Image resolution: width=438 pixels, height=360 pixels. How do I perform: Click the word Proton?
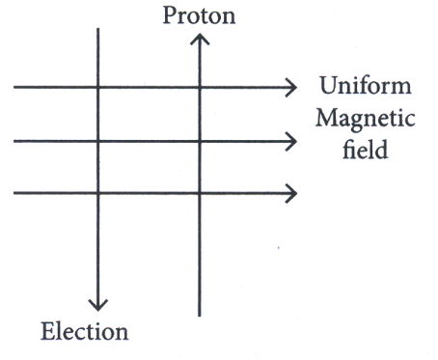pyautogui.click(x=199, y=15)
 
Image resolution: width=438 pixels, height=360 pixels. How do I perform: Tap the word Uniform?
pyautogui.click(x=366, y=86)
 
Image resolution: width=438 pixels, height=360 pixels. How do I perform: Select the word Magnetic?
pyautogui.click(x=366, y=120)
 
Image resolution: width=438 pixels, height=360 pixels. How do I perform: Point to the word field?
pyautogui.click(x=366, y=149)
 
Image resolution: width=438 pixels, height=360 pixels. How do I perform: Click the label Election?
pyautogui.click(x=85, y=331)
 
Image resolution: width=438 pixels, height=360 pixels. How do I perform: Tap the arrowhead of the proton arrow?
pyautogui.click(x=200, y=39)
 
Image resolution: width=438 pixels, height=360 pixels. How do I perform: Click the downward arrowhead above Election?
pyautogui.click(x=98, y=305)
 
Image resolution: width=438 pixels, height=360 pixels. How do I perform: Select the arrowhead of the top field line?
pyautogui.click(x=291, y=87)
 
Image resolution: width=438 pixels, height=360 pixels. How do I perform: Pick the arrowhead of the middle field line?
pyautogui.click(x=291, y=141)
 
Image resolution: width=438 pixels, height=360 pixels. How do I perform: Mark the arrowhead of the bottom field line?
pyautogui.click(x=291, y=193)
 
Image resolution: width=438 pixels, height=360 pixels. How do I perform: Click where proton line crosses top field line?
pyautogui.click(x=200, y=87)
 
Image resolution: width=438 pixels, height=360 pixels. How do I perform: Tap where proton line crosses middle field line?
pyautogui.click(x=200, y=141)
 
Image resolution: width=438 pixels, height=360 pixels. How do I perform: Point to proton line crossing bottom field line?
pyautogui.click(x=200, y=193)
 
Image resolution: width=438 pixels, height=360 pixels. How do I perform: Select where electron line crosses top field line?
pyautogui.click(x=98, y=87)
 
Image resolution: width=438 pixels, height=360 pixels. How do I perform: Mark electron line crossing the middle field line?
pyautogui.click(x=98, y=141)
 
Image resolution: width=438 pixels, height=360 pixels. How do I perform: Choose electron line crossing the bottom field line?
pyautogui.click(x=98, y=193)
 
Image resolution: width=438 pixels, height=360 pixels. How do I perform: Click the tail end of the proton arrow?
pyautogui.click(x=200, y=317)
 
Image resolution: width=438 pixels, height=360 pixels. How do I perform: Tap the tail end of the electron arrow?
pyautogui.click(x=98, y=29)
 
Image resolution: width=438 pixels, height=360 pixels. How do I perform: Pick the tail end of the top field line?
pyautogui.click(x=14, y=87)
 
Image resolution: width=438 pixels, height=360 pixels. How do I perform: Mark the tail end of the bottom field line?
pyautogui.click(x=14, y=193)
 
